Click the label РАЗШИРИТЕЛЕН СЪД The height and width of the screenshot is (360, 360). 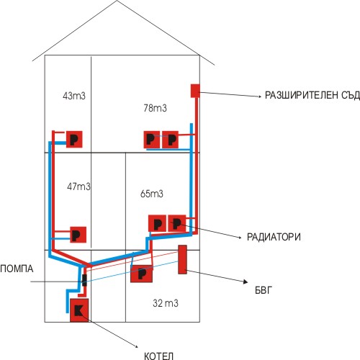point(312,95)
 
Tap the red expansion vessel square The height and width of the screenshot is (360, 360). point(195,91)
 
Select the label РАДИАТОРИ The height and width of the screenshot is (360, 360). point(274,237)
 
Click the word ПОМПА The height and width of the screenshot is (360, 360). point(17,269)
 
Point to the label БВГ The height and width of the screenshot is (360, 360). point(264,290)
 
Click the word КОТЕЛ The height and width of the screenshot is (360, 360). point(158,356)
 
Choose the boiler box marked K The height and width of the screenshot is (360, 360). point(79,310)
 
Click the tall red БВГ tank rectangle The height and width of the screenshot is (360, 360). point(182,259)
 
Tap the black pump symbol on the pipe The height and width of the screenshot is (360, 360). point(84,280)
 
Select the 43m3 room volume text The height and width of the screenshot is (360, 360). point(74,96)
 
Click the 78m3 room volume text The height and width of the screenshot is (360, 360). point(156,108)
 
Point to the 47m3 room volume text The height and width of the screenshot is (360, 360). point(78,186)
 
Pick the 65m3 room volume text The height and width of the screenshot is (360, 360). point(152,194)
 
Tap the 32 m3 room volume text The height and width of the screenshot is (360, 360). point(166,303)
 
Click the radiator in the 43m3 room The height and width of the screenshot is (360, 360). point(74,139)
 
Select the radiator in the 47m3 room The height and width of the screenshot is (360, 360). point(78,235)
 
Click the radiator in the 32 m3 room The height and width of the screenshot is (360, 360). point(141,274)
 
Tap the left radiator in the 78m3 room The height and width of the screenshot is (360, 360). point(152,140)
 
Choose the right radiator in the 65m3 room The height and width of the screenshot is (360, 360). point(177,223)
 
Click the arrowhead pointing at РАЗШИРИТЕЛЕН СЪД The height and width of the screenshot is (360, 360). point(260,96)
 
